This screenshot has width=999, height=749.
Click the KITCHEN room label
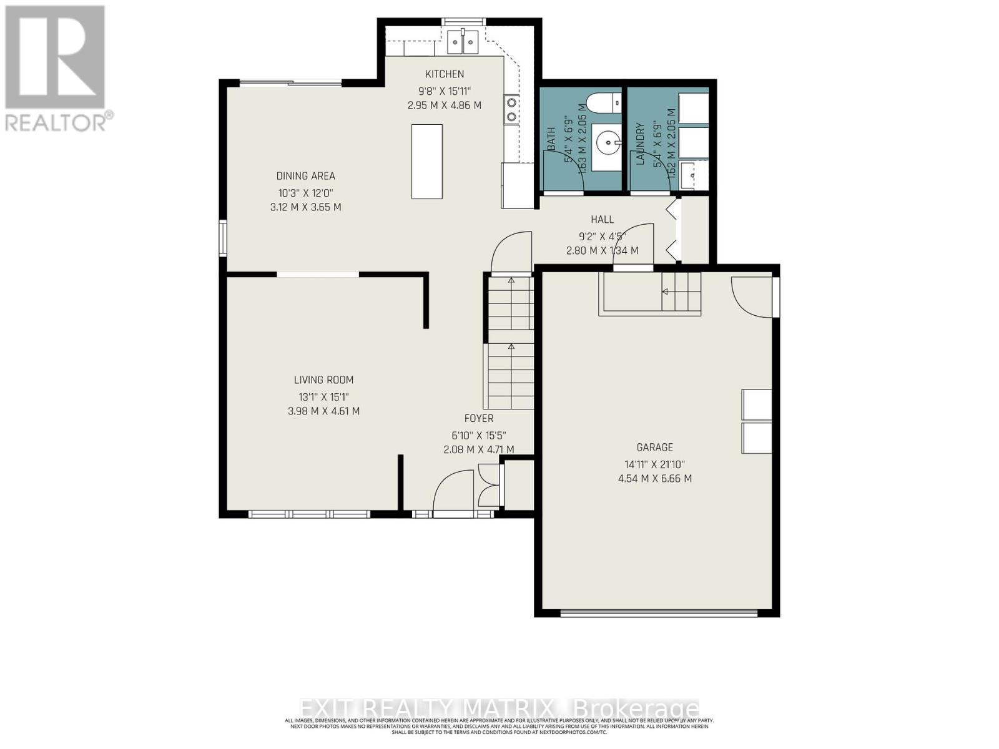pyautogui.click(x=445, y=74)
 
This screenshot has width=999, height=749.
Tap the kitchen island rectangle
pyautogui.click(x=427, y=161)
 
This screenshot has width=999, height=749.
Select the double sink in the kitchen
pyautogui.click(x=463, y=42)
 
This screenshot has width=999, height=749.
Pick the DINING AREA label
pyautogui.click(x=305, y=176)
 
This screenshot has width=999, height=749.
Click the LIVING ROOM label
pyautogui.click(x=323, y=379)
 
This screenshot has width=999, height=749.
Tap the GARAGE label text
pyautogui.click(x=654, y=447)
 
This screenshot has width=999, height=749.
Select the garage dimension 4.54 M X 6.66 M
pyautogui.click(x=654, y=479)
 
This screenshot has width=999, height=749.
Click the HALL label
pyautogui.click(x=602, y=219)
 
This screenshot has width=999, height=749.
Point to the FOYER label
pyautogui.click(x=478, y=418)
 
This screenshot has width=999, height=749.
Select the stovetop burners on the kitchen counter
pyautogui.click(x=511, y=109)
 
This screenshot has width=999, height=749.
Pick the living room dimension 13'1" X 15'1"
pyautogui.click(x=323, y=396)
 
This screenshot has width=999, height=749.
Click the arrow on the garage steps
pyautogui.click(x=666, y=291)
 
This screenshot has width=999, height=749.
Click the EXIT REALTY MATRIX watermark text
pyautogui.click(x=499, y=709)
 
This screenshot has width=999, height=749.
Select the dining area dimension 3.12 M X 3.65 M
pyautogui.click(x=305, y=207)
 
